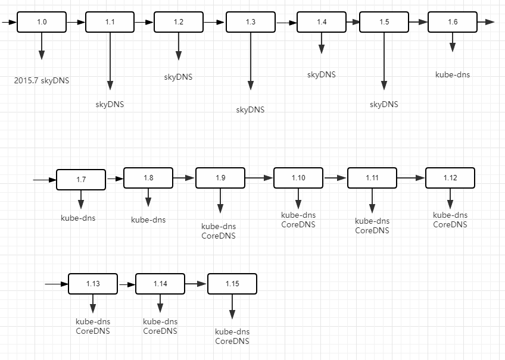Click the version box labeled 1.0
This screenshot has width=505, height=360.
[41, 22]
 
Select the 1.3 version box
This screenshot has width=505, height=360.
[250, 22]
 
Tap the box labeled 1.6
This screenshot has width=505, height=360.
[452, 22]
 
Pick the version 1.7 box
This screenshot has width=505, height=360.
[81, 180]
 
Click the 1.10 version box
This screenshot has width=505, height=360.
[298, 178]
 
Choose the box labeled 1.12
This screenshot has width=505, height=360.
[450, 178]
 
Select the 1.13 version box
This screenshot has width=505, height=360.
[93, 284]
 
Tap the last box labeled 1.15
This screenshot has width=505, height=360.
[232, 284]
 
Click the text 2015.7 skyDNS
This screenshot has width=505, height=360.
[42, 80]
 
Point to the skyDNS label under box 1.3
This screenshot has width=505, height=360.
[250, 109]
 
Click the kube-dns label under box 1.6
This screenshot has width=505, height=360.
[453, 74]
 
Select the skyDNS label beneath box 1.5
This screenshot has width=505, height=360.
[384, 104]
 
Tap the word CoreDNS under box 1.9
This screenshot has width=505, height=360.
[219, 236]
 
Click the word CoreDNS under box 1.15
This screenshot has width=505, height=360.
[232, 341]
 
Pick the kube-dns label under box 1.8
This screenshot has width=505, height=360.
[148, 220]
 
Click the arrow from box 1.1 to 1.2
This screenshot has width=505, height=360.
[144, 22]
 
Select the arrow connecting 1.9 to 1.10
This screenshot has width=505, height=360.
[258, 178]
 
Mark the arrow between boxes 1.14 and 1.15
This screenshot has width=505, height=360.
[196, 284]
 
